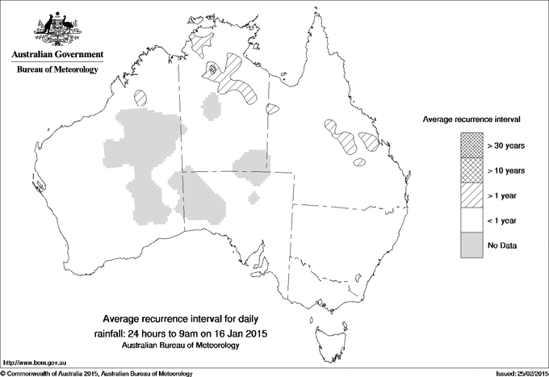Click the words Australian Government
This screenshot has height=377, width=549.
(x=57, y=55)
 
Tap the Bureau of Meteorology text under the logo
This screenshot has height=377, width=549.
(x=57, y=70)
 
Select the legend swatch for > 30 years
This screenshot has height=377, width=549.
(x=470, y=146)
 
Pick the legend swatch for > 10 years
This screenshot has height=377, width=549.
(x=470, y=170)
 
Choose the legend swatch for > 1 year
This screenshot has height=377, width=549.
(x=470, y=195)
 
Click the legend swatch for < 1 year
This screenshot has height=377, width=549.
(x=470, y=220)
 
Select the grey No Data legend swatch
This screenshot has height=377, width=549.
(x=470, y=245)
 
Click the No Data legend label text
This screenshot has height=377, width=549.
(x=502, y=245)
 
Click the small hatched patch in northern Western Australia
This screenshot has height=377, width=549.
(x=142, y=98)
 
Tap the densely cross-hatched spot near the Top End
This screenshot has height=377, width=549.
(x=213, y=69)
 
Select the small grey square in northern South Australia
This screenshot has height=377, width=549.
(x=254, y=197)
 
